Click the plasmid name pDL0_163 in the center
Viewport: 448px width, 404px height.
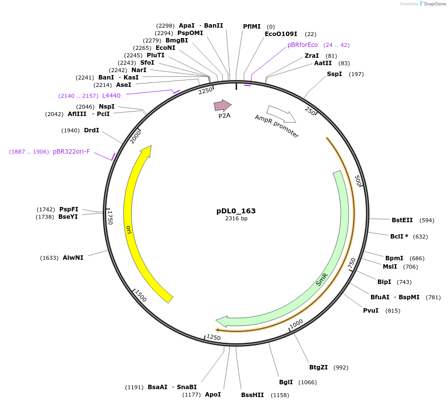point(236,211)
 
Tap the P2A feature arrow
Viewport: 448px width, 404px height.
point(222,106)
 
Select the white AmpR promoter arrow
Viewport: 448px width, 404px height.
point(281,114)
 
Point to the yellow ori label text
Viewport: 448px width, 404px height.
point(129,230)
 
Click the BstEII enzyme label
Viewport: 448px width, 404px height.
point(402,220)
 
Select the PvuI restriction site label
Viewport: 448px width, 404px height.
point(371,311)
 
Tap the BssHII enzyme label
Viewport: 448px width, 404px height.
point(252,395)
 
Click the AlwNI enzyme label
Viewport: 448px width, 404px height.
point(73,257)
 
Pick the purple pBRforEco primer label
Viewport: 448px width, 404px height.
point(303,45)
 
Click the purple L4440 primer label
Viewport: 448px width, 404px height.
point(111,96)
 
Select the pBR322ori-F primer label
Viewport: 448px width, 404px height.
point(72,152)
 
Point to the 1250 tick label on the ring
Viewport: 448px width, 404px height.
point(213,337)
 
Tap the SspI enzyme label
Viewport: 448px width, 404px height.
point(334,74)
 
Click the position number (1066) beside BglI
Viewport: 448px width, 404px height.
point(307,382)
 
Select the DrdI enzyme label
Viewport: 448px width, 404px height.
point(91,130)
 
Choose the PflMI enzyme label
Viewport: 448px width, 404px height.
point(252,27)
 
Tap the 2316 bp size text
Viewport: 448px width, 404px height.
point(236,218)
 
